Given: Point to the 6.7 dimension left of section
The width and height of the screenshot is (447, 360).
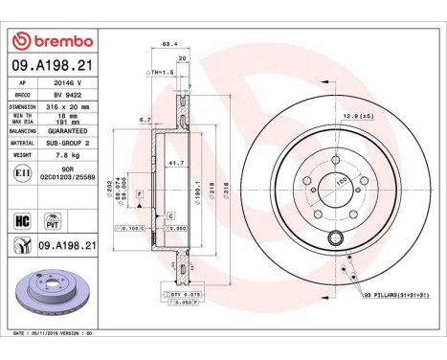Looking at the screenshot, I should (x=145, y=120).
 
